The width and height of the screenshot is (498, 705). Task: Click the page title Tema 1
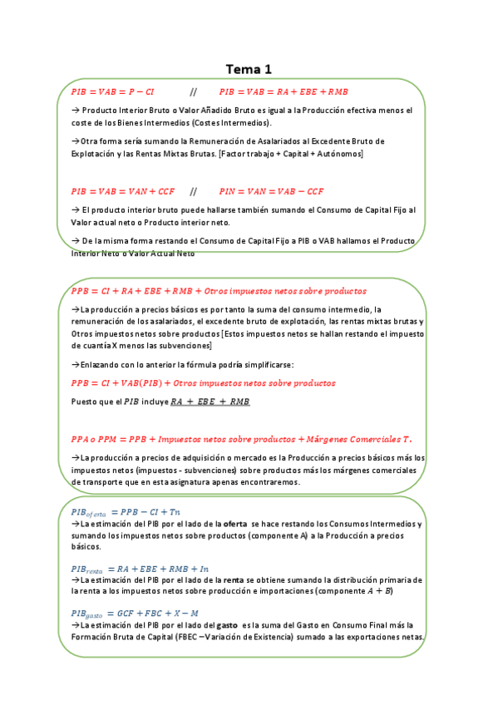[x=249, y=69]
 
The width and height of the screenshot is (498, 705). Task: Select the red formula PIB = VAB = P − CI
[x=112, y=91]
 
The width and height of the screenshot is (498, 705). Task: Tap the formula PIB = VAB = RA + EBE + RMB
[x=284, y=91]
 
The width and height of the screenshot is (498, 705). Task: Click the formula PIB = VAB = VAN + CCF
[x=123, y=191]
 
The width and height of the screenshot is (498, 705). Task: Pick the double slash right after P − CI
[x=194, y=91]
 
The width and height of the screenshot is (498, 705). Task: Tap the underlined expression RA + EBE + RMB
[x=210, y=402]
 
